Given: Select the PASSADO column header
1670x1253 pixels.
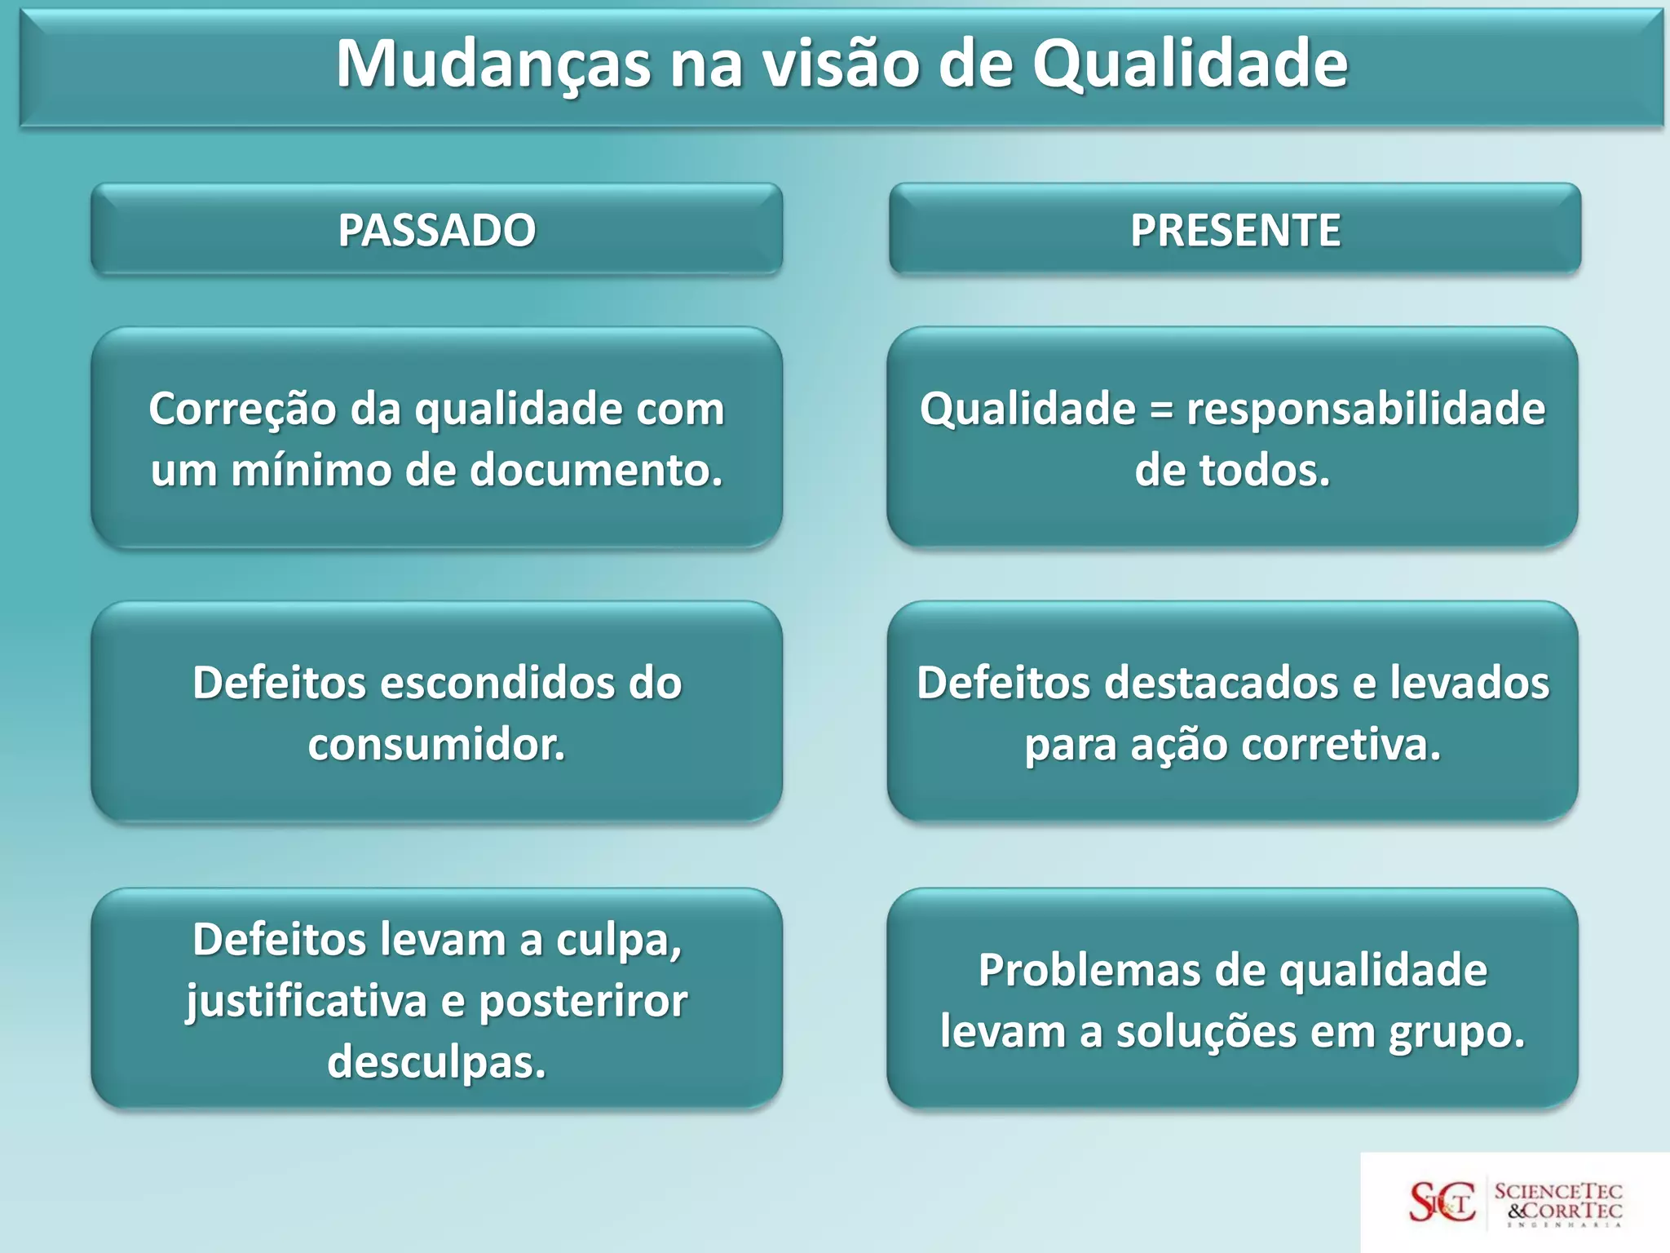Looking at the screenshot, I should [x=436, y=230].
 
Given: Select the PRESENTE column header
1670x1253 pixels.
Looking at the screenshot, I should [x=1235, y=230].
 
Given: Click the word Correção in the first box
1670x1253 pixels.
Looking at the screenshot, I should [x=242, y=410].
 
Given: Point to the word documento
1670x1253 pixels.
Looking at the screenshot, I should [x=596, y=471].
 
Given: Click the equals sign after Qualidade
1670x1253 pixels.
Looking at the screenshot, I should [x=1160, y=410].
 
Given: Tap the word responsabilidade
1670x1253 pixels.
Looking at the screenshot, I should [x=1366, y=410].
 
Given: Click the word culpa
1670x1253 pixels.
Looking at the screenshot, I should [x=618, y=941].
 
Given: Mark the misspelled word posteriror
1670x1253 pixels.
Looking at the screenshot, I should [x=582, y=1002].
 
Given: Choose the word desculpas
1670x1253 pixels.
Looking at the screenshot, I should [x=436, y=1063].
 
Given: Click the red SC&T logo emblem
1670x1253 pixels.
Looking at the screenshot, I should [x=1442, y=1202].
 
